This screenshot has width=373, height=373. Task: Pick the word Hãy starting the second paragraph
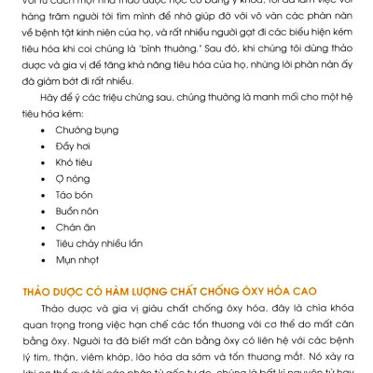[49, 97]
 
